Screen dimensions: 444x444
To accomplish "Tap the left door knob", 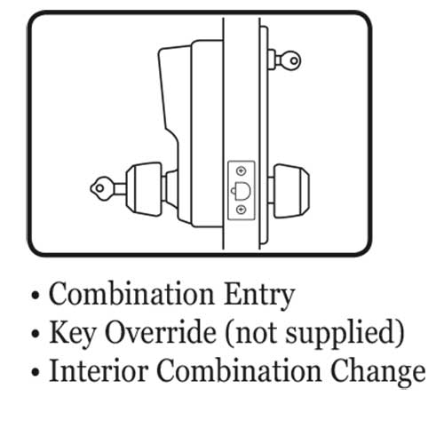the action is (144, 189).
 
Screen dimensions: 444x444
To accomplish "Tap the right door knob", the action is (291, 191).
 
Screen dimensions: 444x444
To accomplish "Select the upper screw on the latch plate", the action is (242, 170).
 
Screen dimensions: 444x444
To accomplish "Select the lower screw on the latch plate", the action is (242, 210).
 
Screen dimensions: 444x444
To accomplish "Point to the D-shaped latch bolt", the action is (242, 191).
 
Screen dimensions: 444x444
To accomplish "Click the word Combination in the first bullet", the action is (131, 294).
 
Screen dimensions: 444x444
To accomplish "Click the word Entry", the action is (259, 297).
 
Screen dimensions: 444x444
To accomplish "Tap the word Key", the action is (72, 334).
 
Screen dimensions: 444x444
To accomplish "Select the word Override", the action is (161, 332).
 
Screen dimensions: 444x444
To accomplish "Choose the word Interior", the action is (99, 370).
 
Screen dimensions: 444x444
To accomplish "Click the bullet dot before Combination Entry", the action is (36, 295).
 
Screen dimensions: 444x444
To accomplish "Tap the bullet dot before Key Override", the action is (36, 334).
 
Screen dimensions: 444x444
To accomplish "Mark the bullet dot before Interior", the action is (36, 372).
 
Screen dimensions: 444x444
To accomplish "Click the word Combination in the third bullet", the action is (239, 370).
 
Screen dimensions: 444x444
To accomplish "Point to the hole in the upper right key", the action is (294, 61).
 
